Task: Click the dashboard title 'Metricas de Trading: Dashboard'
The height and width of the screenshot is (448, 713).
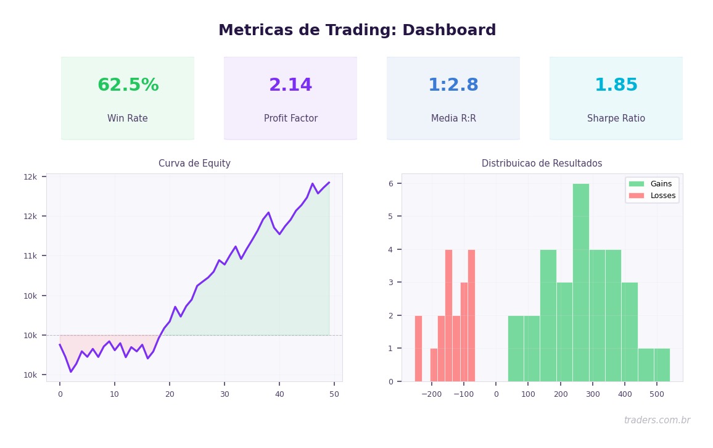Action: click(357, 30)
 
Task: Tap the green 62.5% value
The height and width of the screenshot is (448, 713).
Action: click(128, 85)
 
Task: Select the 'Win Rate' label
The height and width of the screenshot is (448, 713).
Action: click(128, 118)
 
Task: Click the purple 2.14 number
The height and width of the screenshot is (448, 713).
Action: click(291, 85)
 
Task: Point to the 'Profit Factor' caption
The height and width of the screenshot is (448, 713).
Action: click(291, 118)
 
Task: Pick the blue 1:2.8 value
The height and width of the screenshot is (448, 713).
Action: click(453, 85)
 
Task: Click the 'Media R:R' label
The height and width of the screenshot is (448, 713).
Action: click(453, 118)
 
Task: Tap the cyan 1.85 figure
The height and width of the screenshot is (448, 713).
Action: click(616, 85)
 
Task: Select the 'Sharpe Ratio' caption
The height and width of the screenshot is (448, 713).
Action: click(616, 118)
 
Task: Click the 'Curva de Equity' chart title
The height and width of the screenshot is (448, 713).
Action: click(194, 164)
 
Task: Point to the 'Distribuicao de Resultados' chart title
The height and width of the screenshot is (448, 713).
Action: click(542, 164)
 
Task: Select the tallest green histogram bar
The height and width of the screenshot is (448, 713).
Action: click(580, 282)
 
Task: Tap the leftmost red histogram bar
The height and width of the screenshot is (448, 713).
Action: click(418, 348)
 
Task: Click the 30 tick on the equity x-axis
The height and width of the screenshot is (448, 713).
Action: click(225, 394)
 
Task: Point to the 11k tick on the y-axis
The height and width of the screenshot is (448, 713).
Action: click(30, 256)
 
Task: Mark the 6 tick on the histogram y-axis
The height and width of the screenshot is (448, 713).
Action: click(390, 184)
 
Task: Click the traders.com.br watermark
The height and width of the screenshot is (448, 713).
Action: click(657, 420)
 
